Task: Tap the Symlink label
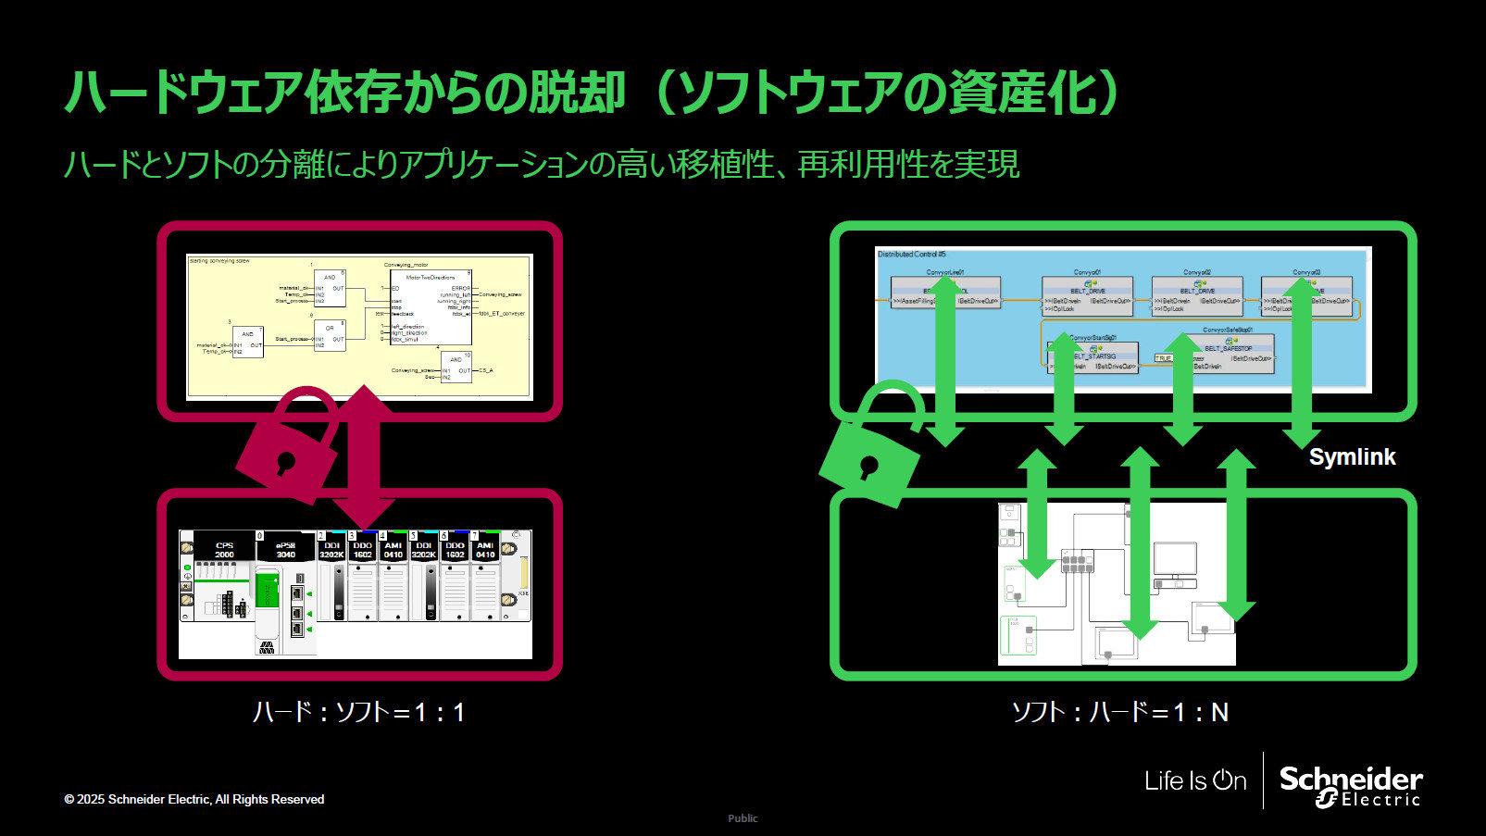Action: pos(1352,456)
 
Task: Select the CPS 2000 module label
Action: pos(224,550)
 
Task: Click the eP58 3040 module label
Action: pos(285,550)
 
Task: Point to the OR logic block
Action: pos(330,334)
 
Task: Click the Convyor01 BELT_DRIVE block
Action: pos(1087,295)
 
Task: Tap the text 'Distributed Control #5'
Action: pos(911,254)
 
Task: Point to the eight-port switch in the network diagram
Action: pos(1078,561)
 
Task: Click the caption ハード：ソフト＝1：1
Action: pos(359,712)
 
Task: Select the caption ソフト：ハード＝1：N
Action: pos(1119,712)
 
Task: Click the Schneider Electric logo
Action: pos(1351,785)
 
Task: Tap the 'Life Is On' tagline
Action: pos(1195,780)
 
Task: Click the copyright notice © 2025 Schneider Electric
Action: pos(194,799)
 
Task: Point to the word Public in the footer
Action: pos(743,818)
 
